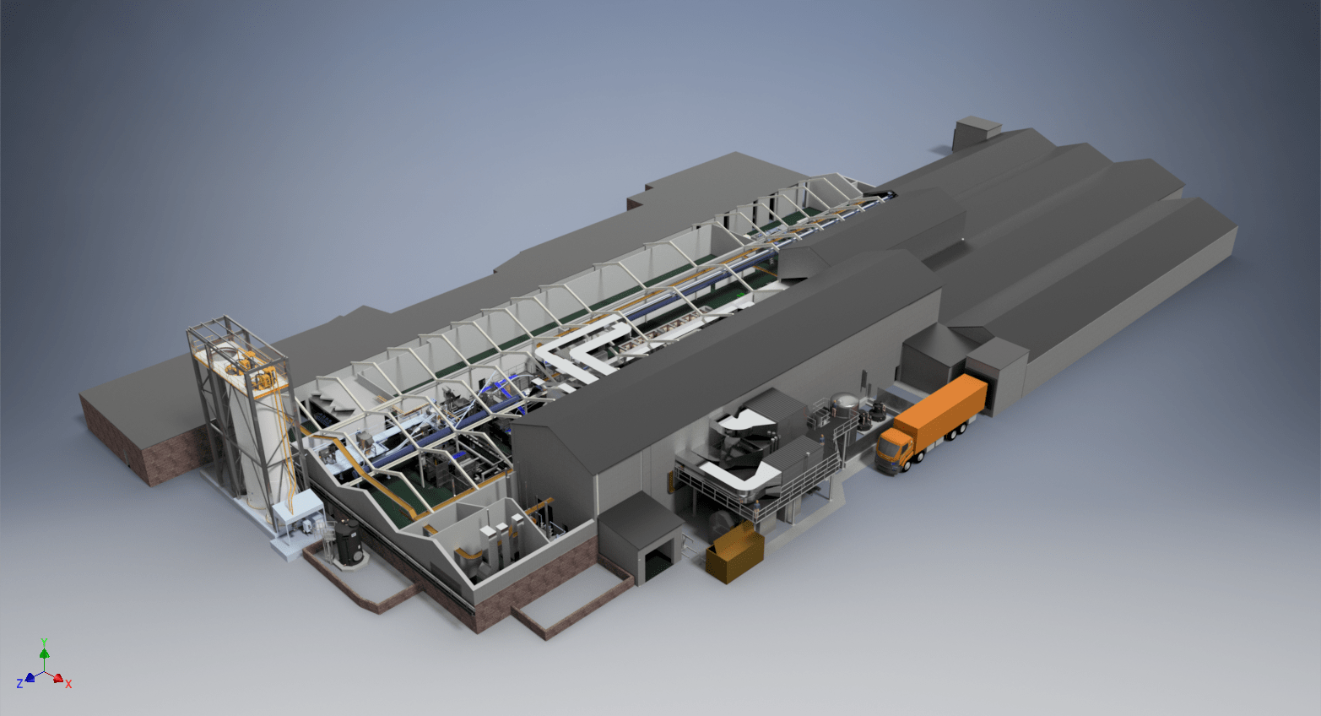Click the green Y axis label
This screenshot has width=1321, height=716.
click(44, 643)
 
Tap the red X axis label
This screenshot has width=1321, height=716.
click(68, 684)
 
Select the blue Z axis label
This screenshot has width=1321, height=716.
click(19, 684)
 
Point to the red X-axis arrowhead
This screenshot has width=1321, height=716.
click(57, 679)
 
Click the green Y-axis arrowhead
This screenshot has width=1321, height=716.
click(44, 653)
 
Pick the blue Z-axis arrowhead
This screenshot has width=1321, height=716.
click(30, 678)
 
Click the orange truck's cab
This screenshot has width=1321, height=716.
click(893, 450)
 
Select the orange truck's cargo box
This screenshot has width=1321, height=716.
click(941, 406)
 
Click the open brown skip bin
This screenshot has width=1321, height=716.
click(734, 553)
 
